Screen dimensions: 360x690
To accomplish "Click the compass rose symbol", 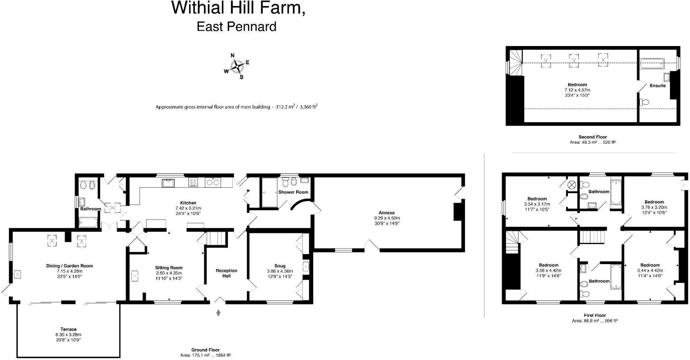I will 237,66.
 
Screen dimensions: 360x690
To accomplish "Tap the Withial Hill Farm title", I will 238,8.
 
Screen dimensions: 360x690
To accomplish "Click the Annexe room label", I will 387,213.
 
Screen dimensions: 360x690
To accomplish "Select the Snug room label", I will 280,266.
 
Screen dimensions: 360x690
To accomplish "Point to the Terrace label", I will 68,329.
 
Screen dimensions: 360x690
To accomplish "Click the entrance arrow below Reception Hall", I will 218,313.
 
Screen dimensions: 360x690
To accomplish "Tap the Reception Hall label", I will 227,273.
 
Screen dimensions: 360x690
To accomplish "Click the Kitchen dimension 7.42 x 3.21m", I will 188,208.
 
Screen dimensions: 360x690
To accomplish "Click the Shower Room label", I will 293,192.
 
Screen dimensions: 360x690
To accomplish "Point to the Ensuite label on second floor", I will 657,85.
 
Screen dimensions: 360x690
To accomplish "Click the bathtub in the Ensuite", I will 652,63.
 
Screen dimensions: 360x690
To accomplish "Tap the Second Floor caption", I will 593,137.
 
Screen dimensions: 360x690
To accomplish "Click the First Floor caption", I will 595,315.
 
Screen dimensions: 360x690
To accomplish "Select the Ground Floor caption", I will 205,350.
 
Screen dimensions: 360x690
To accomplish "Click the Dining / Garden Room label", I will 70,266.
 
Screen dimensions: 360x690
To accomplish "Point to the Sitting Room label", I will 169,268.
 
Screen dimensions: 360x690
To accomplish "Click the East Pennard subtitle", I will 237,27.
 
